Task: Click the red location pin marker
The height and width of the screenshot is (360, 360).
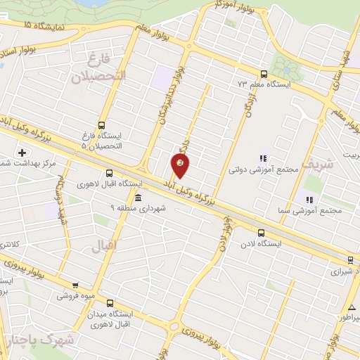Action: tap(181, 165)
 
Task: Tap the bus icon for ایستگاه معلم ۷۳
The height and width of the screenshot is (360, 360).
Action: tap(264, 74)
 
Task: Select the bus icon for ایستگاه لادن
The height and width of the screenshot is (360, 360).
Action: tap(262, 232)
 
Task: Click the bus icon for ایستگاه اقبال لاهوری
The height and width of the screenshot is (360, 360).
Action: tap(109, 173)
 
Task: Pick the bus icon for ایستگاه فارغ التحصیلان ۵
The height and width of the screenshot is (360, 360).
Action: tap(102, 124)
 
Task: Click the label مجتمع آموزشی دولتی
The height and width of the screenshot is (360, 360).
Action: tap(256, 170)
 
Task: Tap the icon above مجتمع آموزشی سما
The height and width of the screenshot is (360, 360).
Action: tap(310, 200)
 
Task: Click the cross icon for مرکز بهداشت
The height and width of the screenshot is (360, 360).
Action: tap(22, 152)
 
